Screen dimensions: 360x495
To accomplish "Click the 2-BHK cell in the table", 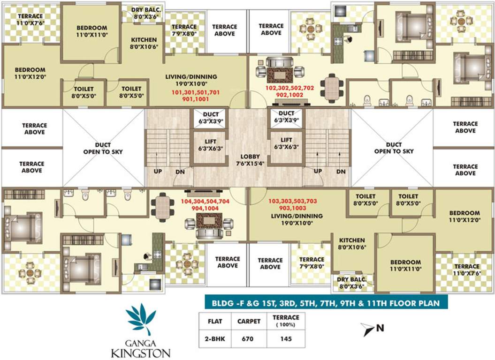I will [211, 338].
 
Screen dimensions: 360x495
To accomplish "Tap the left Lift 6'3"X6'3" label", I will [211, 143].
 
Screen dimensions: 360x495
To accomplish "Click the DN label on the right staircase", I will [340, 171].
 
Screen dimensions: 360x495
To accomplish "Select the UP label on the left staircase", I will [158, 171].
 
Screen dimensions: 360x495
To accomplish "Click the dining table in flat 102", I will [333, 85].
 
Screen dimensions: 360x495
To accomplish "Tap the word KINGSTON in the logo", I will [140, 352].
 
